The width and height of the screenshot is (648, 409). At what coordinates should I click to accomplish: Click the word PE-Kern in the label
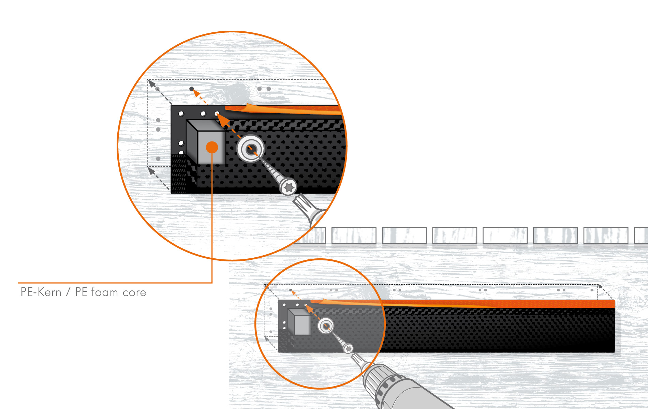click(x=41, y=292)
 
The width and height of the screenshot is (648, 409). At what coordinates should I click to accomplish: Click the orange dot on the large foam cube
click(x=212, y=147)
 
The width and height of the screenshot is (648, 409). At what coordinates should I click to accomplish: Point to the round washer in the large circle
click(x=251, y=149)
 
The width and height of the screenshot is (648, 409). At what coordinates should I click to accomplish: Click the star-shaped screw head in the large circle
click(x=289, y=187)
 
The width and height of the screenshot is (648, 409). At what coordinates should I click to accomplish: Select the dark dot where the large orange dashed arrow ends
click(x=192, y=89)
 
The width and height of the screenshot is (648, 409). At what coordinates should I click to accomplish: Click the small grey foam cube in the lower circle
click(x=299, y=322)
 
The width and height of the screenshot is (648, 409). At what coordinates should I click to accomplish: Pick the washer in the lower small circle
click(x=326, y=326)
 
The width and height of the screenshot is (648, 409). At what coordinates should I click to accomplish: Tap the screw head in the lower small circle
click(x=348, y=349)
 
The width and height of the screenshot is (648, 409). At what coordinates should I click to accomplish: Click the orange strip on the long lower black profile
click(x=464, y=303)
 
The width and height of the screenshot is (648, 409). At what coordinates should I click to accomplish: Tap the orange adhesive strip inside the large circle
click(x=283, y=109)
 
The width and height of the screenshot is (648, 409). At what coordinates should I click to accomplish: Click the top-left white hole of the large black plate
click(x=181, y=113)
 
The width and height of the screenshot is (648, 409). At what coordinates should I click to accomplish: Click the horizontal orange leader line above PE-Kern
click(x=115, y=283)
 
